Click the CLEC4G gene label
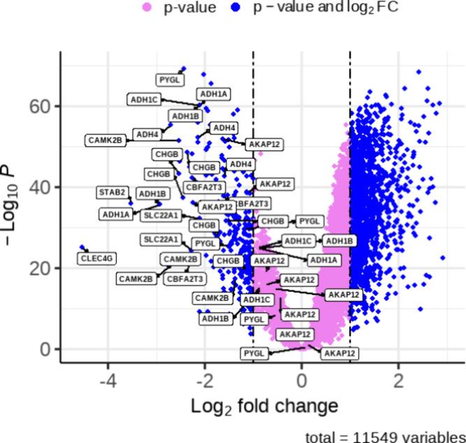[96, 259]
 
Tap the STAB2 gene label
[112, 191]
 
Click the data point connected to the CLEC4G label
[82, 247]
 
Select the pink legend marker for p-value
[147, 8]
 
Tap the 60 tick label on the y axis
[41, 106]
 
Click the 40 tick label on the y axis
[41, 187]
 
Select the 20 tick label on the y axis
[41, 268]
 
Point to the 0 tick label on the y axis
[46, 349]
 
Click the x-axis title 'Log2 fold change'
[264, 407]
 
